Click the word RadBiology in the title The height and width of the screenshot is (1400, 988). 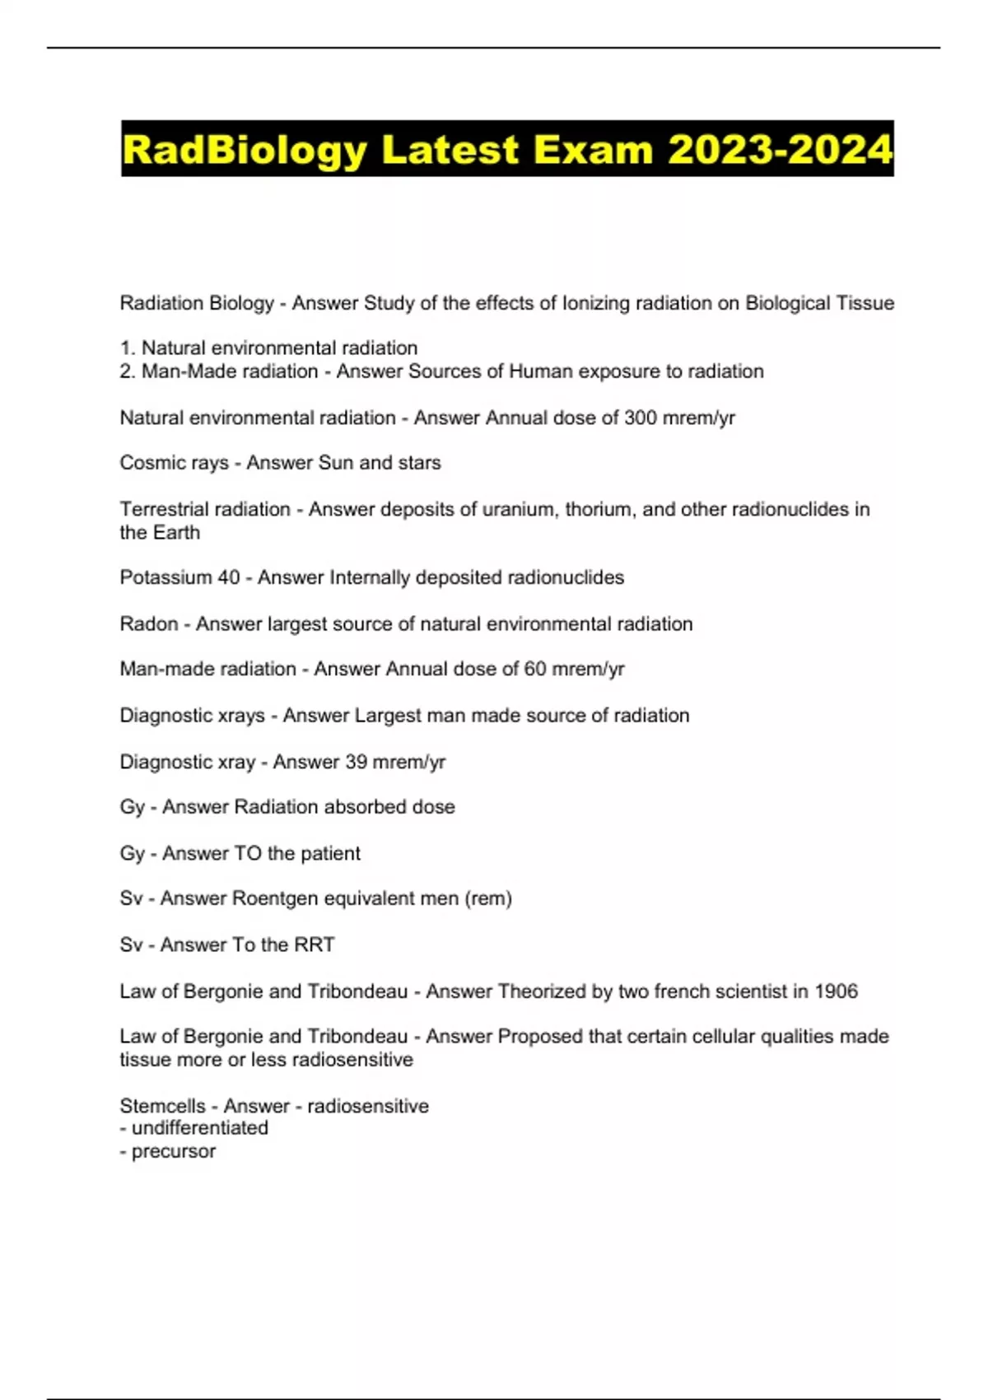[x=245, y=150]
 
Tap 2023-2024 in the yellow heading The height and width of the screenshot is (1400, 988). [x=780, y=150]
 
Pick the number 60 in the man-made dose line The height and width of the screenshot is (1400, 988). [x=535, y=669]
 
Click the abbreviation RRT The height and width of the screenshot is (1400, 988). [x=314, y=945]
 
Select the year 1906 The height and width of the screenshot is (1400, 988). [x=836, y=991]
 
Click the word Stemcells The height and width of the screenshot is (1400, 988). [x=162, y=1106]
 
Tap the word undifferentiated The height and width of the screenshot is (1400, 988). [x=200, y=1128]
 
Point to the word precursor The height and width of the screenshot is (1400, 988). [x=174, y=1151]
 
